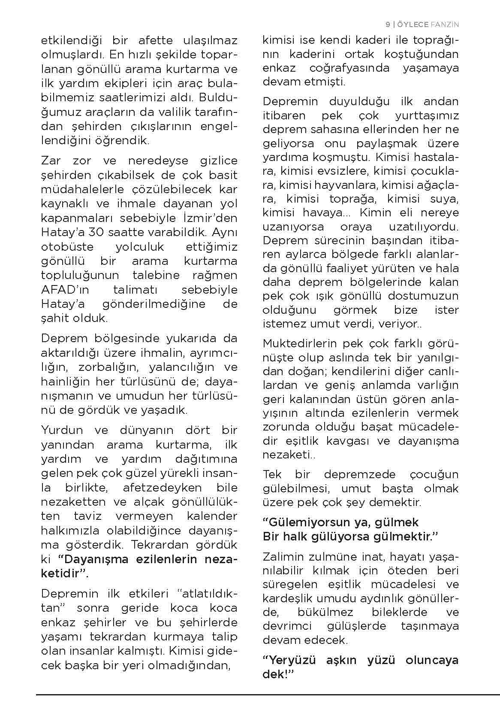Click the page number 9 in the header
click(x=387, y=24)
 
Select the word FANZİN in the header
click(x=444, y=24)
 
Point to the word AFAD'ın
click(x=65, y=289)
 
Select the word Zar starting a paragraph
click(x=51, y=161)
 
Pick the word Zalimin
click(x=282, y=557)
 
